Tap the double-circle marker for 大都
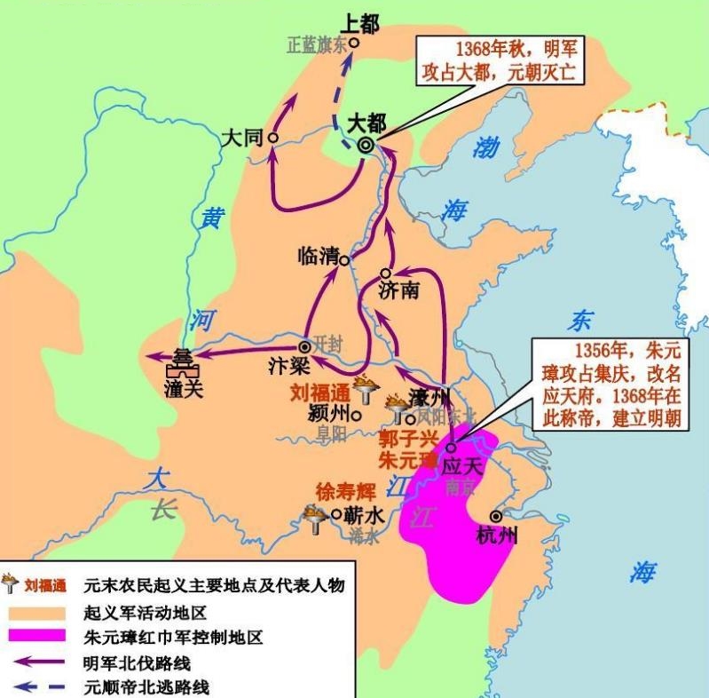pos(366,148)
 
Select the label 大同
pos(241,138)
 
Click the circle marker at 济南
pos(385,274)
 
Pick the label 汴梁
pos(287,365)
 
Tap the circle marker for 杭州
pos(495,515)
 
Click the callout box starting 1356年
pos(609,384)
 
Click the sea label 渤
pos(485,147)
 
